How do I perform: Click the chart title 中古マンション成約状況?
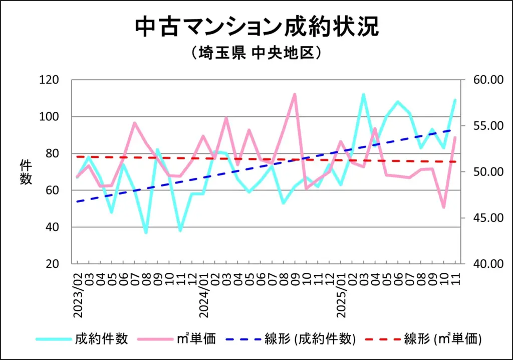tap(256, 28)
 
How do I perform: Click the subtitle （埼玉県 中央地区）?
tap(256, 53)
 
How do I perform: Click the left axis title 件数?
tap(26, 172)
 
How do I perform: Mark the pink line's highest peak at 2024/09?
tap(295, 94)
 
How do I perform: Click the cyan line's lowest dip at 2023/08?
tap(146, 233)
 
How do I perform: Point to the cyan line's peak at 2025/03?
tap(364, 94)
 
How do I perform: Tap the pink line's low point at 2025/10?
tap(444, 207)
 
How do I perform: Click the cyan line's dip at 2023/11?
tap(180, 231)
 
